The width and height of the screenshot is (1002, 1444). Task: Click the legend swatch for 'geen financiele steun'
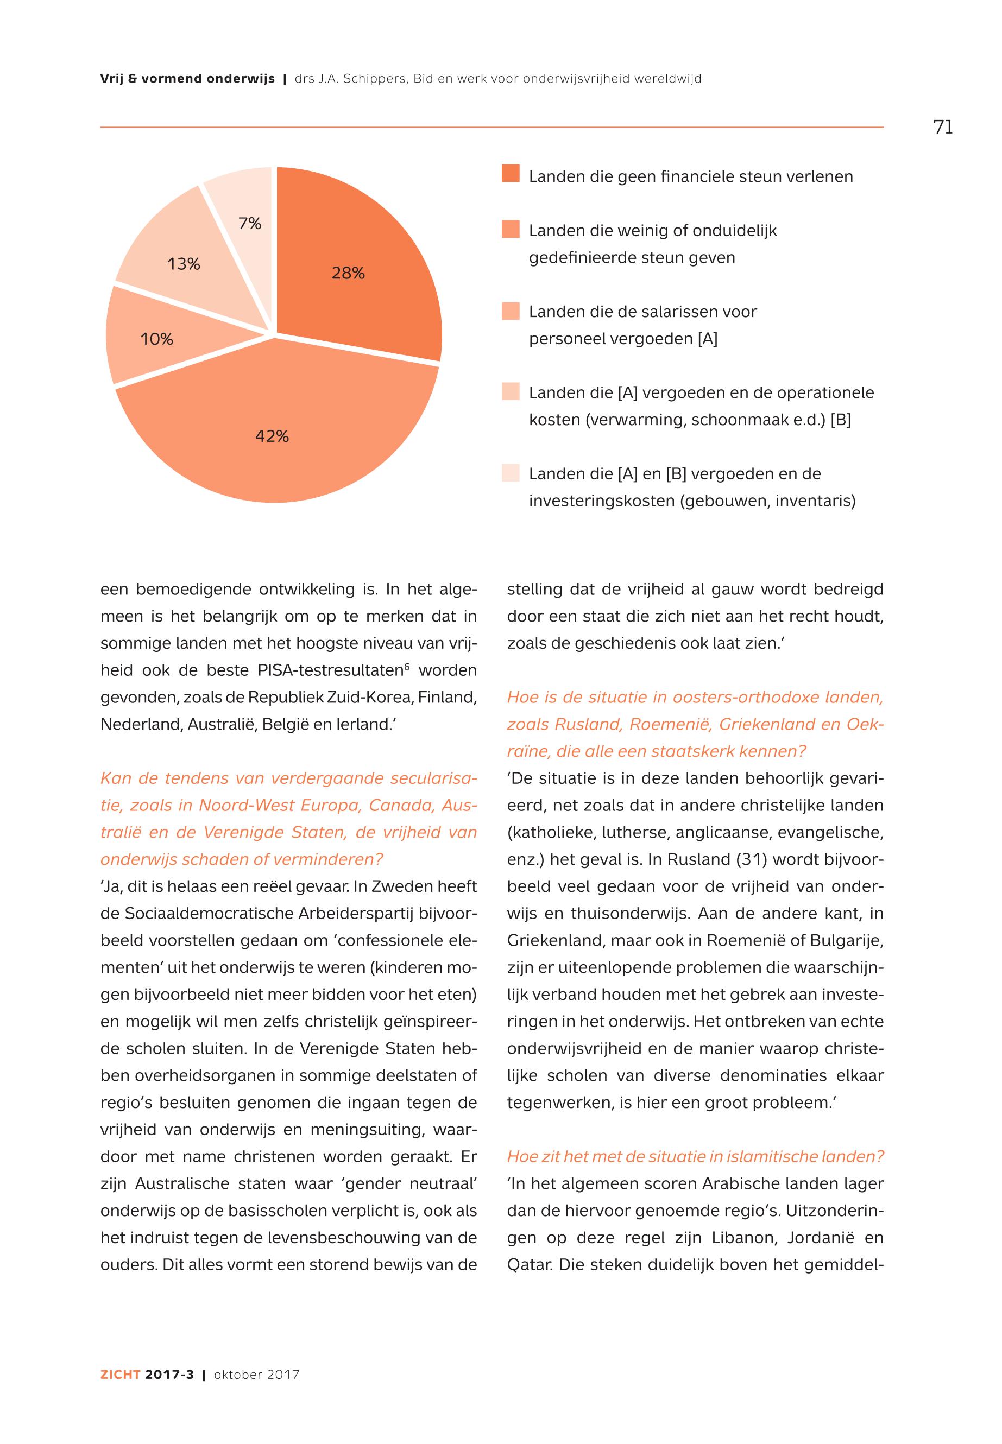point(511,174)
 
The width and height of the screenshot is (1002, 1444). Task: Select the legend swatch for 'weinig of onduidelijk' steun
point(511,229)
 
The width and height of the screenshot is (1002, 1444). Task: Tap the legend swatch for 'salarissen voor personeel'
point(511,311)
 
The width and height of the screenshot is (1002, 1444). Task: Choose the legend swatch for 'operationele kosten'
point(511,391)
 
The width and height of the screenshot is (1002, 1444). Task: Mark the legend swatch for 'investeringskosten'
point(511,472)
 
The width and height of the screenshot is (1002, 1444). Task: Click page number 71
point(943,128)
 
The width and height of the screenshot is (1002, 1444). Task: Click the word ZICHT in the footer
point(119,1375)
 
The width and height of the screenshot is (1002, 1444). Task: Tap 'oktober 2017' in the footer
point(257,1375)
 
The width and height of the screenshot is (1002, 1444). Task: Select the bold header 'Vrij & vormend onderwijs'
point(187,79)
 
